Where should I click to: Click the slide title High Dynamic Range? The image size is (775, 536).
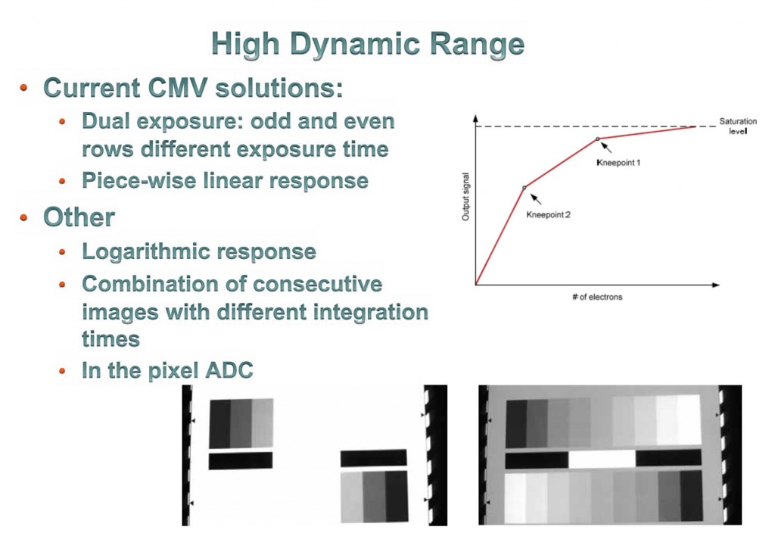pyautogui.click(x=368, y=45)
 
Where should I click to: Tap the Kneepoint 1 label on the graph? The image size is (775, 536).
pyautogui.click(x=618, y=163)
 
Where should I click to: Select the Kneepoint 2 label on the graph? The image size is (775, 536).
pyautogui.click(x=548, y=215)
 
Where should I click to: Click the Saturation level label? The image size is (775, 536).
pyautogui.click(x=737, y=126)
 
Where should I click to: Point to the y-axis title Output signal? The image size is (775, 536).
pyautogui.click(x=465, y=197)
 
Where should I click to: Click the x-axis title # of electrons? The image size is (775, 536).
pyautogui.click(x=597, y=297)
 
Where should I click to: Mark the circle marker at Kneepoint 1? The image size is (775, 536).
pyautogui.click(x=597, y=139)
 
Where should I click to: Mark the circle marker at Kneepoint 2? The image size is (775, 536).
pyautogui.click(x=524, y=187)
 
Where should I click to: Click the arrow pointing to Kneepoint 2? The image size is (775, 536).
pyautogui.click(x=536, y=199)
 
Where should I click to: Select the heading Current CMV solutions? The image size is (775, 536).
pyautogui.click(x=193, y=88)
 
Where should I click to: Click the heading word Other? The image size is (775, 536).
pyautogui.click(x=79, y=217)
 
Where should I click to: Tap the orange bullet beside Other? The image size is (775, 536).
pyautogui.click(x=24, y=218)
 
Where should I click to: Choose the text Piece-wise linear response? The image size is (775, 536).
pyautogui.click(x=225, y=181)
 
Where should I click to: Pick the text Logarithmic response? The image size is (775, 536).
pyautogui.click(x=198, y=251)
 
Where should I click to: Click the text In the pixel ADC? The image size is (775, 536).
pyautogui.click(x=167, y=370)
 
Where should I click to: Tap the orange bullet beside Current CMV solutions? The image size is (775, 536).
pyautogui.click(x=24, y=89)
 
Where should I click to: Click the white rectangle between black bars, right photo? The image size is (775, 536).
pyautogui.click(x=602, y=459)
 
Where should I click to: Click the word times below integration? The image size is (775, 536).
pyautogui.click(x=110, y=338)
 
